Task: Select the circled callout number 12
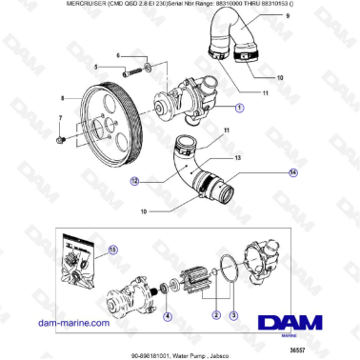coord(136,180)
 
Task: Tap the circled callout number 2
coord(216,315)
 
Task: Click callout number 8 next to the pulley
coord(63,97)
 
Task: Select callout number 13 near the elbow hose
coord(238,156)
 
